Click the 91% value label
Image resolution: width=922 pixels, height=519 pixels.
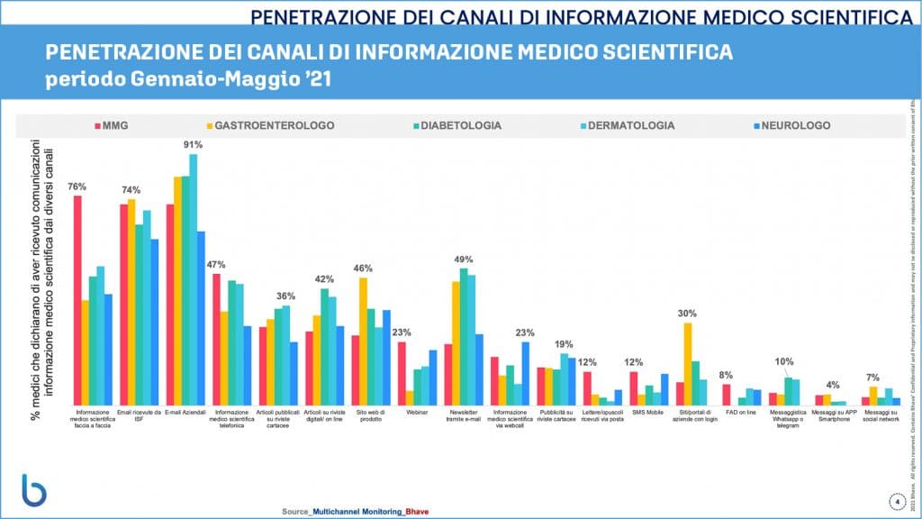[x=193, y=144]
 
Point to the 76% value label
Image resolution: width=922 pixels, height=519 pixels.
[x=77, y=187]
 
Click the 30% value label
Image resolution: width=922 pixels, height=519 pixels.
[x=688, y=314]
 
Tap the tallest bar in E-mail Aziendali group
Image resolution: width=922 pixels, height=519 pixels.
[x=194, y=279]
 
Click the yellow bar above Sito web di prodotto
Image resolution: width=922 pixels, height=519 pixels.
[x=363, y=341]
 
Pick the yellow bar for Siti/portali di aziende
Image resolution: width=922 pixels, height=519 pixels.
[x=688, y=364]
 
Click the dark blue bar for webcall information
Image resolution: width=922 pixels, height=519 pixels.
[x=526, y=373]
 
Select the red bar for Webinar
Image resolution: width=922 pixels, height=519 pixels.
[x=402, y=373]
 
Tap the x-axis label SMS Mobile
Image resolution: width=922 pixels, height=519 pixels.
[x=646, y=412]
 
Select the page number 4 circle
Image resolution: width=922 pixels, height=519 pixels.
[x=897, y=501]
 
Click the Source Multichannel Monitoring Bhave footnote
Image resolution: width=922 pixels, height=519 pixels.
[x=351, y=511]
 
